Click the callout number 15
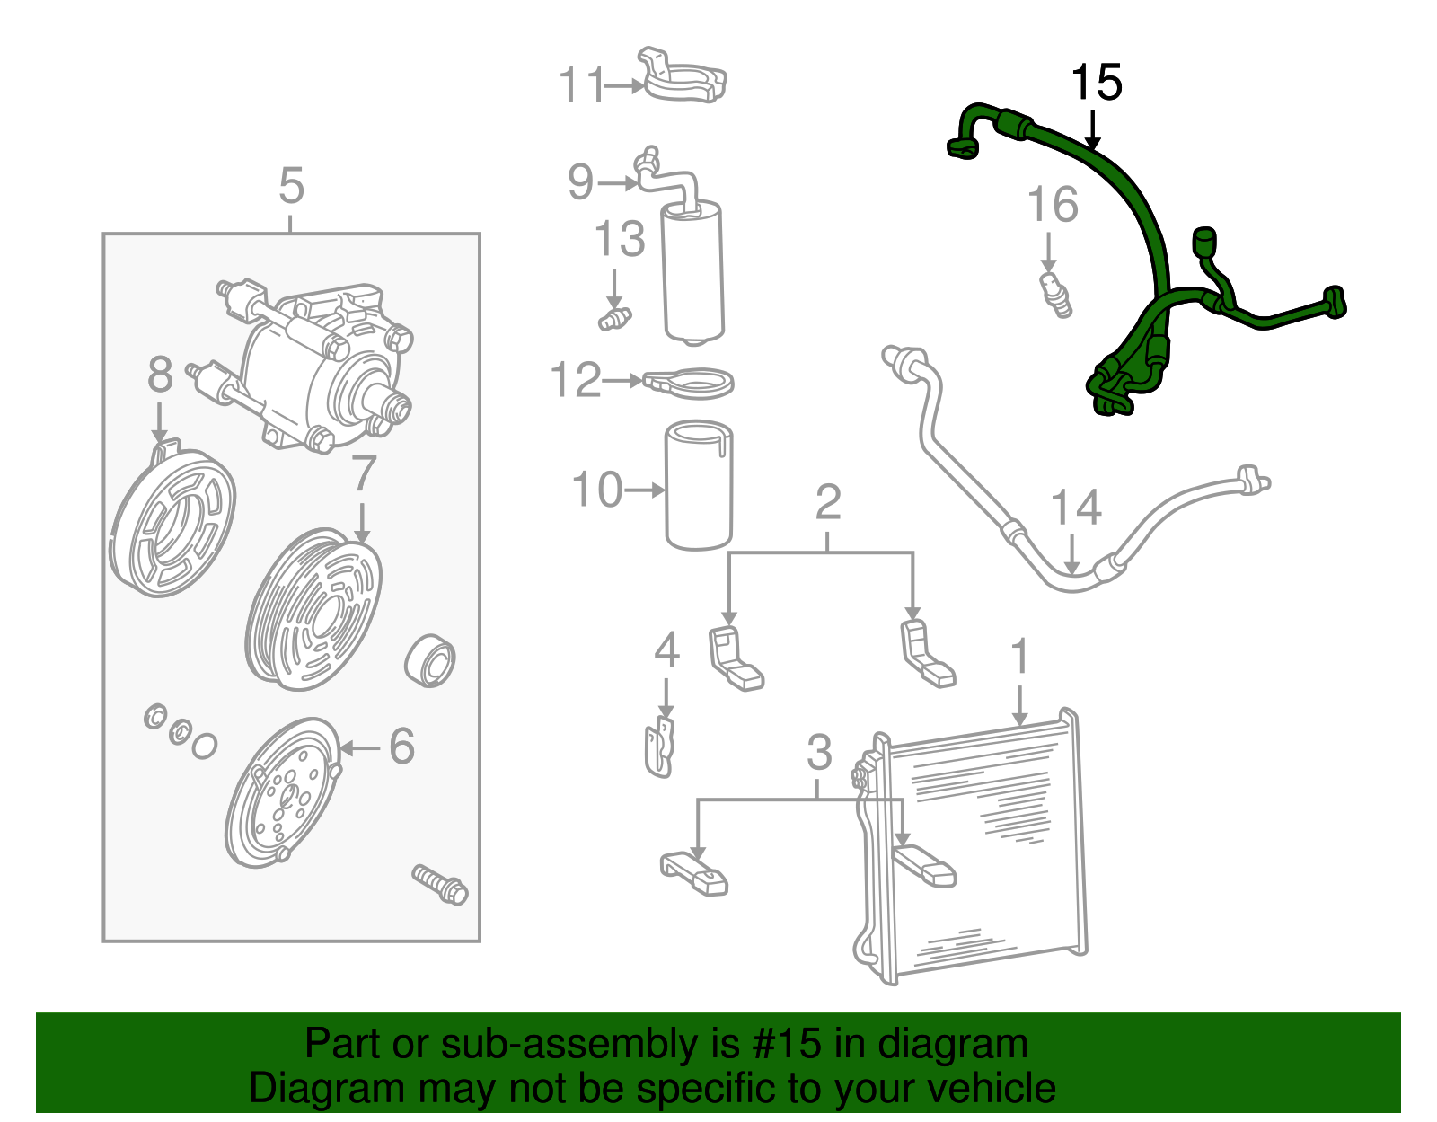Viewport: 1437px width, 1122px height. (1097, 84)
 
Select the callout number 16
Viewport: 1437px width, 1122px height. (1053, 206)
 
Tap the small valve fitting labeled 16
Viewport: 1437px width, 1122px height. (1055, 295)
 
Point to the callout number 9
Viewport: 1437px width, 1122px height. (581, 182)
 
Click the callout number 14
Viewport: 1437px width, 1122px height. (1075, 508)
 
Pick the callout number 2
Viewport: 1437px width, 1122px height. (828, 503)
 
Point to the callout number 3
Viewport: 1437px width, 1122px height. (818, 753)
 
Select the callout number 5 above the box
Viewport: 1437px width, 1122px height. (292, 187)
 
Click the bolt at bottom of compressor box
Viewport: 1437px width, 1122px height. (439, 884)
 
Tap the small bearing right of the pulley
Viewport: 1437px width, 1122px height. (431, 661)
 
